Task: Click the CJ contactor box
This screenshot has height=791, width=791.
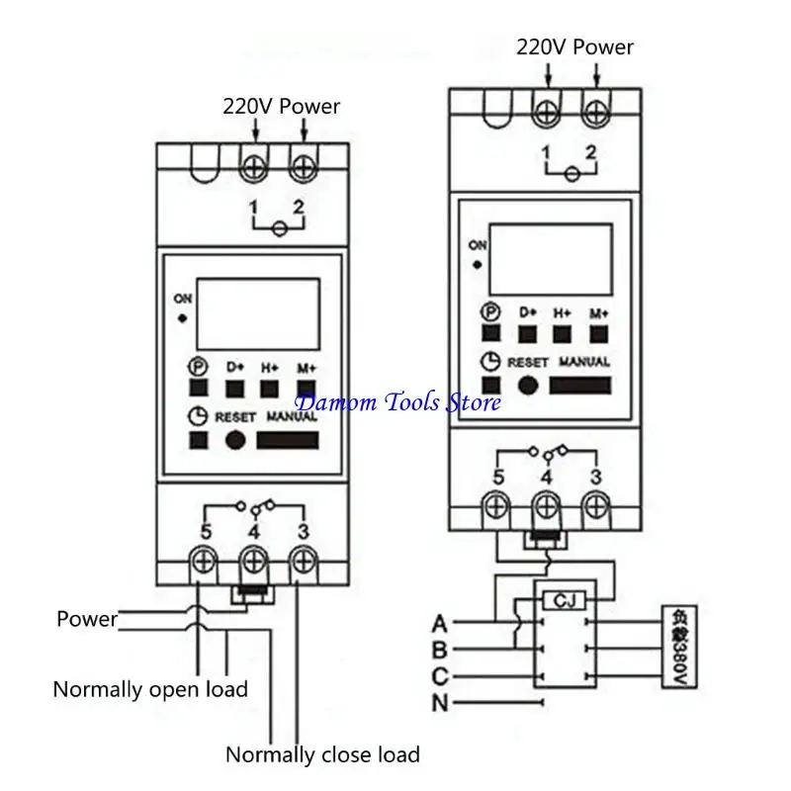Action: point(565,599)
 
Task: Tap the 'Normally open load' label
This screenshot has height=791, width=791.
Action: point(150,689)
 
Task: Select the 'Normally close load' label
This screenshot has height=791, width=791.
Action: point(322,755)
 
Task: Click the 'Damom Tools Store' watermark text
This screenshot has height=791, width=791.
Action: point(398,401)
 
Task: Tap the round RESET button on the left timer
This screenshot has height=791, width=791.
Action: point(235,441)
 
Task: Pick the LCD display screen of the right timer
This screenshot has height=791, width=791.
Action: point(551,259)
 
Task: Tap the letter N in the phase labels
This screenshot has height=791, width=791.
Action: point(440,704)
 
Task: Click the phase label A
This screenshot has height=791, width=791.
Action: point(440,623)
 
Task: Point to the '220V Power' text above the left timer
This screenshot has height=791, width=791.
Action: point(281,106)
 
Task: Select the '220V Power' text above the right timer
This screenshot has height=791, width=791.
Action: point(574,46)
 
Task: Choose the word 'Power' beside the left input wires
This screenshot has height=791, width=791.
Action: point(87,620)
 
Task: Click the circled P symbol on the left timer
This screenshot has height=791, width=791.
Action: point(198,366)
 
